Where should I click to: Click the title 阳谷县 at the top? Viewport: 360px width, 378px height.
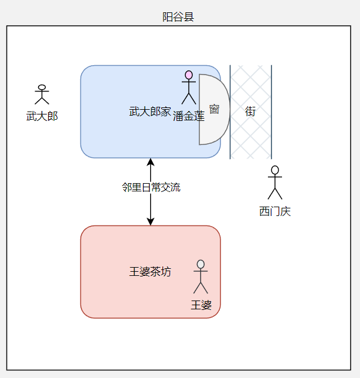click(178, 17)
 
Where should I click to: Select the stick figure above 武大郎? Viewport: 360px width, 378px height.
click(41, 95)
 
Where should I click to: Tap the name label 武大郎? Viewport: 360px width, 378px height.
click(42, 116)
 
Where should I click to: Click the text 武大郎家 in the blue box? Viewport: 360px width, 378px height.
click(150, 111)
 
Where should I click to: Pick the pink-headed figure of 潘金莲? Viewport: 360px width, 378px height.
click(188, 87)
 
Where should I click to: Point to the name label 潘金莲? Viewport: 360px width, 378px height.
click(189, 116)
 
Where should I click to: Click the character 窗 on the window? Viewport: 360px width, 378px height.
click(214, 109)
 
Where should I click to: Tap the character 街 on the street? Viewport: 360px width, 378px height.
click(250, 111)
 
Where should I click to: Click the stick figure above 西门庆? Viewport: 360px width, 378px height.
click(275, 183)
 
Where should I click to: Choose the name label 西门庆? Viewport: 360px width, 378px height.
click(275, 211)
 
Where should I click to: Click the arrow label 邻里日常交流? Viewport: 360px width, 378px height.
click(151, 188)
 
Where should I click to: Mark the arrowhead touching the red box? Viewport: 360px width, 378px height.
click(151, 221)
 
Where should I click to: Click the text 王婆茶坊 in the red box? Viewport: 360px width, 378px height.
click(150, 272)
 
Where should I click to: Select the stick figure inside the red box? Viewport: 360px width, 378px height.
click(201, 276)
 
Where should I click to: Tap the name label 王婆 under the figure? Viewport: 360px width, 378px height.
click(201, 305)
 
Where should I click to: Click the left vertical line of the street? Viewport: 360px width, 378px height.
click(230, 135)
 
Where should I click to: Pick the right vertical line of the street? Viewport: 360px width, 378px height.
click(271, 135)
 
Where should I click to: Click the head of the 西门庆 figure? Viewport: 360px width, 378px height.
click(275, 170)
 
